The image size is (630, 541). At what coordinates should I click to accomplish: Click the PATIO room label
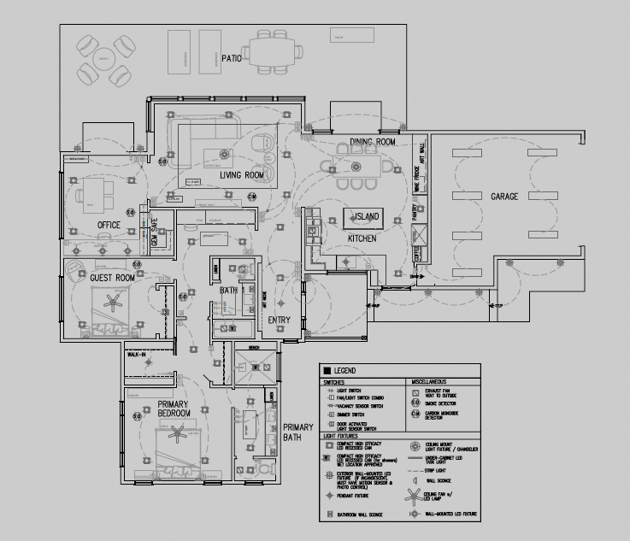(232, 58)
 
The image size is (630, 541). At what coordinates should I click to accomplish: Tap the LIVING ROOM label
(240, 175)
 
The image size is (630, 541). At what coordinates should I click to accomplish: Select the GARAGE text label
(503, 197)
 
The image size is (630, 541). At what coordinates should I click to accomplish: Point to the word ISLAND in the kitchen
(369, 217)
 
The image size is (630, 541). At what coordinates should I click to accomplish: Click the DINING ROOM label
(373, 142)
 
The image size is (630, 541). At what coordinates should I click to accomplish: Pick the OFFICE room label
(109, 226)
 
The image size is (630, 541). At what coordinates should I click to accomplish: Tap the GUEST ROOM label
(113, 278)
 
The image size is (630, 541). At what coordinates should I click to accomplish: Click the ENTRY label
(279, 320)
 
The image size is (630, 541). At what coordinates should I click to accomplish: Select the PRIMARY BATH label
(299, 432)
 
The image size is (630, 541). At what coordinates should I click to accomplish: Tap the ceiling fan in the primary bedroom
(178, 436)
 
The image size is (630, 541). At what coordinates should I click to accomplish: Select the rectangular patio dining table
(275, 54)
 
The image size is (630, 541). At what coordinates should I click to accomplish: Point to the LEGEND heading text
(346, 370)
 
